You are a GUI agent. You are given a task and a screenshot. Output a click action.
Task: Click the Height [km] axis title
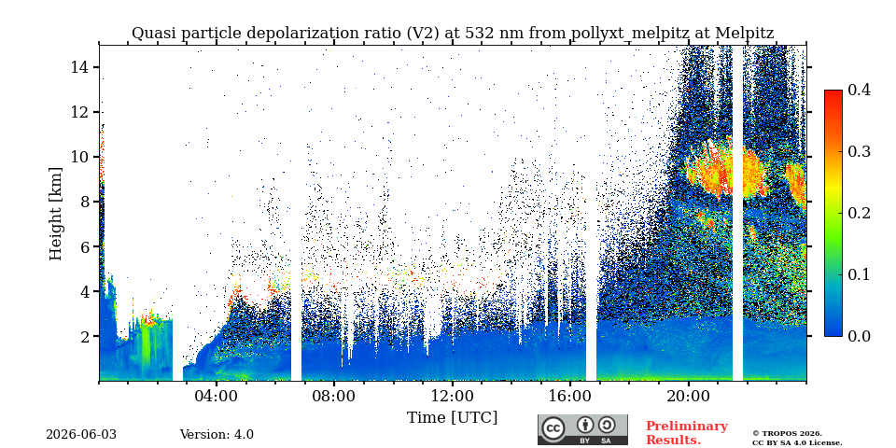point(55,214)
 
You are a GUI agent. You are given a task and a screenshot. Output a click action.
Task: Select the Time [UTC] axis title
point(452,418)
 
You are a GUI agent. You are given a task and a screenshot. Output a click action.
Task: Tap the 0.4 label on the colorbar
point(858,91)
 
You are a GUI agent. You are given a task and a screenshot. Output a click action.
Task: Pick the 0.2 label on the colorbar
point(858,213)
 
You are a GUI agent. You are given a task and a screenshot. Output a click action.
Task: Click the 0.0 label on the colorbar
point(858,336)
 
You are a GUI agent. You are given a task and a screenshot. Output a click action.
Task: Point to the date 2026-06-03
point(81,435)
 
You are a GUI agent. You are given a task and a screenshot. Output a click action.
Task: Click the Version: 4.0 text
point(217,435)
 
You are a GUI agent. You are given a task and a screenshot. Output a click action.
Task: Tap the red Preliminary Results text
point(687,433)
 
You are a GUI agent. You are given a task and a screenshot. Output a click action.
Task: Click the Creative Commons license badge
point(582,429)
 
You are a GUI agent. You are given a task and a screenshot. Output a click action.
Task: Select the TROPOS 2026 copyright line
point(788,434)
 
